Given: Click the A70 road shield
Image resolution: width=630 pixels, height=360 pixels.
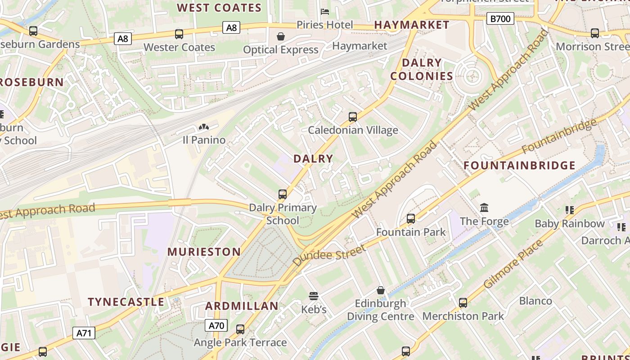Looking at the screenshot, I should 216,325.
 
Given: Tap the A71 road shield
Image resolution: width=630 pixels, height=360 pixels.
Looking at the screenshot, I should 84,333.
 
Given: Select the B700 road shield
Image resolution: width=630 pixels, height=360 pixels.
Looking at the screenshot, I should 500,18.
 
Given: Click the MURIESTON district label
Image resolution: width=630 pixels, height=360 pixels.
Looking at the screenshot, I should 204,252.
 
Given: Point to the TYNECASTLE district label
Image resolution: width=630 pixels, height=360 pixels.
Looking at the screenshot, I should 126,302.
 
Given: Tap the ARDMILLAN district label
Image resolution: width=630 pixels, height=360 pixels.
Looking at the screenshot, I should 242,306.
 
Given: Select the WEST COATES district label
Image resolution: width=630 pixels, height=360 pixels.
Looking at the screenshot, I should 219,8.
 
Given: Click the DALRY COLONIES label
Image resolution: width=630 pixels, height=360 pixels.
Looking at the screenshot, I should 422,69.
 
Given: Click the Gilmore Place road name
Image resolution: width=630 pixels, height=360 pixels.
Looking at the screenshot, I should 513,264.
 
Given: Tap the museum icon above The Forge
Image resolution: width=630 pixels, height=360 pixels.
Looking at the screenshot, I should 484,207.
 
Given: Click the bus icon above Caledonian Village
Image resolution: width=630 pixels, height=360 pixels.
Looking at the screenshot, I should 353,117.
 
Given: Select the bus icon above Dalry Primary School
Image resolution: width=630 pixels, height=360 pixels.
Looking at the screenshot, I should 283,194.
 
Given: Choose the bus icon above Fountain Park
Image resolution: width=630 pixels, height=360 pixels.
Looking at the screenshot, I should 411,219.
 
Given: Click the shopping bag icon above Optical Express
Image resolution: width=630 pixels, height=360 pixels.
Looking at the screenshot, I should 281,36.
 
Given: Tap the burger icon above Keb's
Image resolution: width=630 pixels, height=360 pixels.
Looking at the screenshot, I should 314,296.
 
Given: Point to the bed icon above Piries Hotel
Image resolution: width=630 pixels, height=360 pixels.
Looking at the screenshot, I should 324,11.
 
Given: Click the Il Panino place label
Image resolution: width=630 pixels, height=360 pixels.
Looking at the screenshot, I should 204,140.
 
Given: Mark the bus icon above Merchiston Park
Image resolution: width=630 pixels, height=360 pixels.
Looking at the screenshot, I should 463,303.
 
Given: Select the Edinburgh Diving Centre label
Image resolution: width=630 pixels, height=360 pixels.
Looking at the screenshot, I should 380,310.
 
